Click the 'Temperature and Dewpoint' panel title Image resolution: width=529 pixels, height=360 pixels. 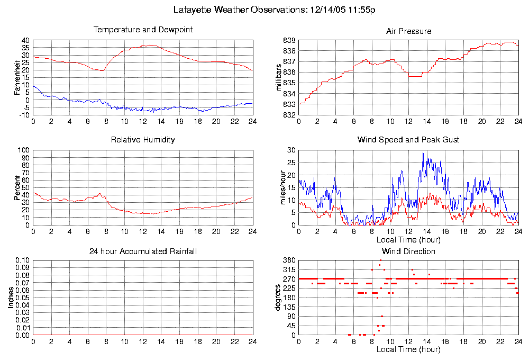pyautogui.click(x=143, y=30)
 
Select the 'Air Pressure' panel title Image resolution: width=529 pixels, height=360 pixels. pyautogui.click(x=408, y=31)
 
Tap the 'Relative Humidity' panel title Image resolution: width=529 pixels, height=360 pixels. pyautogui.click(x=143, y=140)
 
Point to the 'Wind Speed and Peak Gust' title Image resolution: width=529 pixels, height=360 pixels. pyautogui.click(x=408, y=140)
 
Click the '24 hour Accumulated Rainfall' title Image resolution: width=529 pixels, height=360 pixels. pyautogui.click(x=143, y=251)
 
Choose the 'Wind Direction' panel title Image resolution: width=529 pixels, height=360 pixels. pyautogui.click(x=408, y=251)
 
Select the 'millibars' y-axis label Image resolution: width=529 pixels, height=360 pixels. pyautogui.click(x=280, y=77)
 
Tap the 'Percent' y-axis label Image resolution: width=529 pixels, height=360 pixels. pyautogui.click(x=17, y=187)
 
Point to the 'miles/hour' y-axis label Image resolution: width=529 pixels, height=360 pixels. pyautogui.click(x=280, y=187)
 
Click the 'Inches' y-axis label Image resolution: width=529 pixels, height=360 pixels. pyautogui.click(x=11, y=298)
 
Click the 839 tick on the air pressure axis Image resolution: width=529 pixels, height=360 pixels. pyautogui.click(x=289, y=40)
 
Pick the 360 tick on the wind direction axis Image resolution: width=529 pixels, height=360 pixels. pyautogui.click(x=289, y=260)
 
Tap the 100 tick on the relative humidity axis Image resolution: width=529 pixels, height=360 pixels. pyautogui.click(x=24, y=150)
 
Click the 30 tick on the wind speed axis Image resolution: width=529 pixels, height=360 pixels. pyautogui.click(x=291, y=150)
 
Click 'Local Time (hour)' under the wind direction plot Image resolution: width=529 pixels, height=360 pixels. pyautogui.click(x=408, y=350)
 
